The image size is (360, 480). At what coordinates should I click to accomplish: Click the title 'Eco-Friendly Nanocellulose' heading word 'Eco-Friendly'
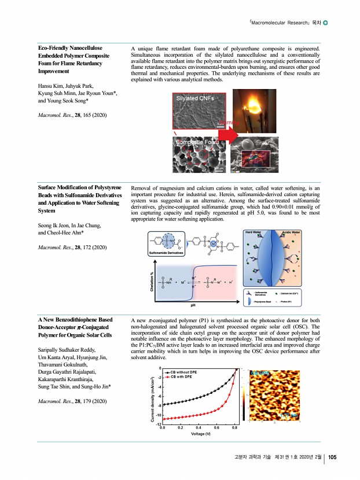point(50,47)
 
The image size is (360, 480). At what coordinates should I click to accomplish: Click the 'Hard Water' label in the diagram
point(253,232)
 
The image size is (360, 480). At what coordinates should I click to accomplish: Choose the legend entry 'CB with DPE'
point(183,377)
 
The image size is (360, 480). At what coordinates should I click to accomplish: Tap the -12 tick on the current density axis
point(158,425)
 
